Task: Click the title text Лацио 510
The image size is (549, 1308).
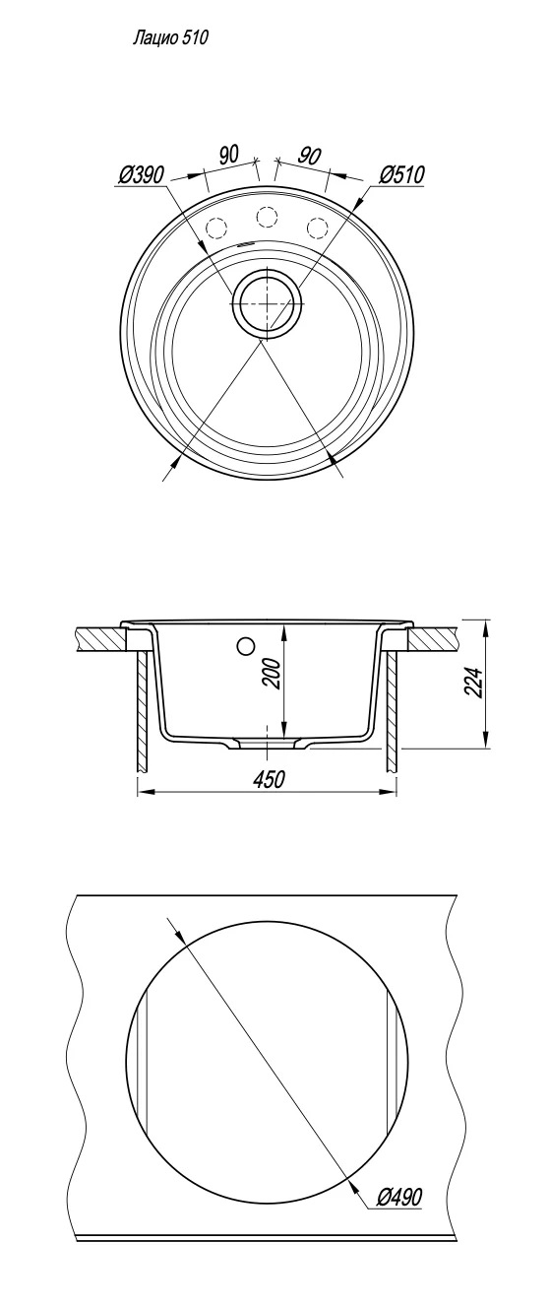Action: [x=170, y=38]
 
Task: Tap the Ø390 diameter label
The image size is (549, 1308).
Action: [x=142, y=174]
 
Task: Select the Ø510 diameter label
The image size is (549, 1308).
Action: [x=402, y=174]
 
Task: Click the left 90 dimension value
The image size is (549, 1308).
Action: [x=228, y=155]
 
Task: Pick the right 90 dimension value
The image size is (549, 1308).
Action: [x=310, y=156]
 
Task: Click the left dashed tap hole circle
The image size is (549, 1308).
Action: [x=215, y=226]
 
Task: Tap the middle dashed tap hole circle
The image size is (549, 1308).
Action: [x=267, y=217]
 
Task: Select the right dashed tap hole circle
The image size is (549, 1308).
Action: [x=318, y=226]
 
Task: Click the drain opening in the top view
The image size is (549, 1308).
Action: [x=267, y=303]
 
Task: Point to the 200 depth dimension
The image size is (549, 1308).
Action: [x=276, y=677]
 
